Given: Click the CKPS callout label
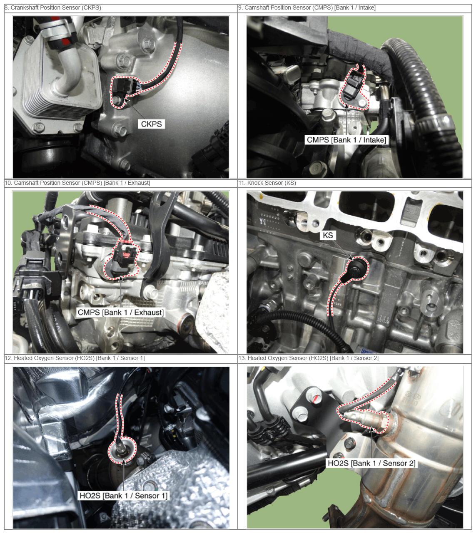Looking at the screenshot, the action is pos(151,124).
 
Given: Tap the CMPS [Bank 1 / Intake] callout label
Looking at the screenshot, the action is pos(346,140).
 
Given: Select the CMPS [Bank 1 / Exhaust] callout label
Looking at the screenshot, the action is pos(120,312).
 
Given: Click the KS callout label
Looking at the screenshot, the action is pos(328,235).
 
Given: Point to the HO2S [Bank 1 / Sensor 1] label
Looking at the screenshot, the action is pos(123,496).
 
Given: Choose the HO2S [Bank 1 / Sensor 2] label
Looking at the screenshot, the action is pos(371,463).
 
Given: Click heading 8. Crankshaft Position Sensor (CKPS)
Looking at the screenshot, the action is pos(53,7).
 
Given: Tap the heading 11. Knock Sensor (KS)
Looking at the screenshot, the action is pos(267,183).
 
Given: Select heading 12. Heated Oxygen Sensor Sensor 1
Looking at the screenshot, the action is pos(75,358).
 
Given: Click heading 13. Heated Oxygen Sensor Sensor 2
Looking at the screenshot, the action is pos(309,358).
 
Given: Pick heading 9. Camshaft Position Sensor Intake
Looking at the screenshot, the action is pos(307,7).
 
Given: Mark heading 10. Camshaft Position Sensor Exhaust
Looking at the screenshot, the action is pos(77,183).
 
